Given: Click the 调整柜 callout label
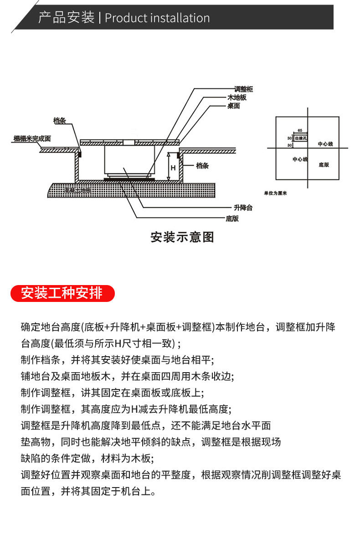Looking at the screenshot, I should (x=243, y=89).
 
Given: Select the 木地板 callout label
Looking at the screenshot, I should (x=237, y=98).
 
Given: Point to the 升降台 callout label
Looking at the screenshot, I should (x=243, y=208).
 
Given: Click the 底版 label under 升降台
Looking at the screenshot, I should (x=232, y=218).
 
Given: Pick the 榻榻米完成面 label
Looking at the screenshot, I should (x=32, y=138).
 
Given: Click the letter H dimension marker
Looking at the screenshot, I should (x=173, y=167).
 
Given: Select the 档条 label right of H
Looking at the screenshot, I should (x=202, y=166).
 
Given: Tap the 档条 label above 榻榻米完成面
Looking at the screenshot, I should (x=60, y=121).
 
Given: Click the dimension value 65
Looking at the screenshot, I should (x=299, y=130).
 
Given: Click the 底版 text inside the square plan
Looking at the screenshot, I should (x=324, y=164).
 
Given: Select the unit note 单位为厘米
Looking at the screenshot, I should (x=275, y=193).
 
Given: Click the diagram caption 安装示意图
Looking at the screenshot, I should (x=182, y=237).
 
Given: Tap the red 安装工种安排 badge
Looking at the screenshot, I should (x=62, y=293).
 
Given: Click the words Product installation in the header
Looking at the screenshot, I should (x=157, y=18).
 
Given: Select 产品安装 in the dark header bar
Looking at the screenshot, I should (x=66, y=18).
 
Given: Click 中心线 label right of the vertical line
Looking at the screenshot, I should (x=325, y=144).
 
